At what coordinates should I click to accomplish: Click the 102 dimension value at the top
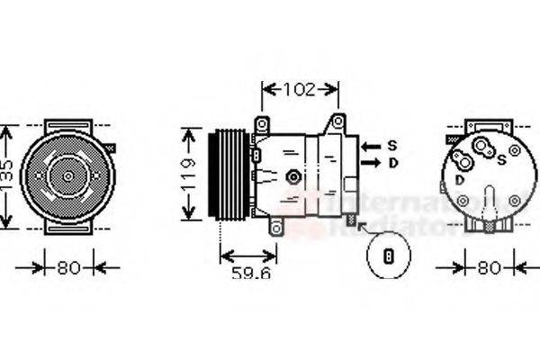tap(300, 89)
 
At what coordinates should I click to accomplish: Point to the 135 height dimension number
tap(6, 175)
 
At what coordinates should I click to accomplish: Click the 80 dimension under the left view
tap(68, 267)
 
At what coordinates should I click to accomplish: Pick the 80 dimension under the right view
tap(489, 267)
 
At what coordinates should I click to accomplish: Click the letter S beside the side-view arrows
tap(392, 145)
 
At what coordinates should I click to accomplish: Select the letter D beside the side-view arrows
tap(392, 163)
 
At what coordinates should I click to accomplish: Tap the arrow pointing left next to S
tap(370, 145)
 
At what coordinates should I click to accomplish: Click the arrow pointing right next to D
tap(370, 163)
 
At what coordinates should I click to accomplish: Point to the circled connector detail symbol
tap(390, 256)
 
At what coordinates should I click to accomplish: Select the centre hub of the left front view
tap(68, 175)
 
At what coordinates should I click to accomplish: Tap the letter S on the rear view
tap(501, 159)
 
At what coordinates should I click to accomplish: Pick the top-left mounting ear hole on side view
tap(262, 122)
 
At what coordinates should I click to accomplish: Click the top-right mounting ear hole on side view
tap(338, 121)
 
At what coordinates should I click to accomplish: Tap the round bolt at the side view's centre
tap(292, 176)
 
